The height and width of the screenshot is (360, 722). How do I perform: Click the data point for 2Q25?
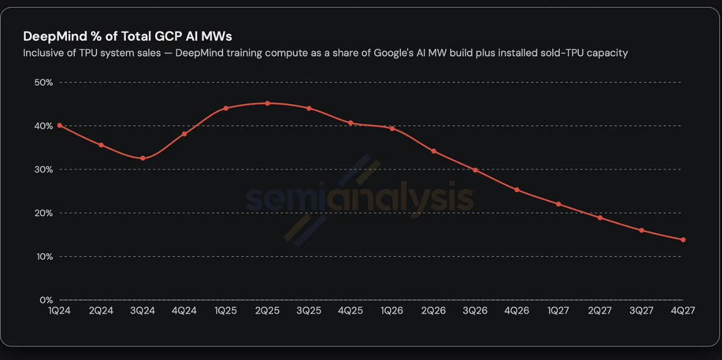coord(268,103)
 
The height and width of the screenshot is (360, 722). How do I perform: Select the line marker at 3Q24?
coord(143,158)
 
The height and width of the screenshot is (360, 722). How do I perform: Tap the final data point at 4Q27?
coord(683,239)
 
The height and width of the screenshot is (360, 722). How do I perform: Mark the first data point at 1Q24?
coord(59,125)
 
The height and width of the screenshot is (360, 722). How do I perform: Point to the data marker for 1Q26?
coord(392,129)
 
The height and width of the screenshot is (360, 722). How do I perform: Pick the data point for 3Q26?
coord(475,170)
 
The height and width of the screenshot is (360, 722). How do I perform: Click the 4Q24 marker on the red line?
coord(185,134)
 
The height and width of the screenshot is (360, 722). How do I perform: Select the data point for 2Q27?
coord(600,217)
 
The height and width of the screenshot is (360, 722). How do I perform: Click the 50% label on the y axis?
coord(43,82)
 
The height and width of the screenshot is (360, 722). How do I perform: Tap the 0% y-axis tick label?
coord(46,300)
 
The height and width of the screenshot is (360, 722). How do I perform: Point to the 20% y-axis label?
coord(43,213)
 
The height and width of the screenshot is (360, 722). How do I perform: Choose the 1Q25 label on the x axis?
coord(225,310)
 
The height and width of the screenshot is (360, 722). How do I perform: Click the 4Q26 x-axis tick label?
coord(517,310)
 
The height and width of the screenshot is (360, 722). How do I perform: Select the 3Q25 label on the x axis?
coord(309,310)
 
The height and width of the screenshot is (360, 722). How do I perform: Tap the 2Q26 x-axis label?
coord(434,310)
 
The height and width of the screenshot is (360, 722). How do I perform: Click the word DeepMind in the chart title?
coord(55,36)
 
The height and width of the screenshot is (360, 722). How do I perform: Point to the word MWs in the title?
coord(217,36)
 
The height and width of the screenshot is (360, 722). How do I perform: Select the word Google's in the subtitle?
coord(393,53)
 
